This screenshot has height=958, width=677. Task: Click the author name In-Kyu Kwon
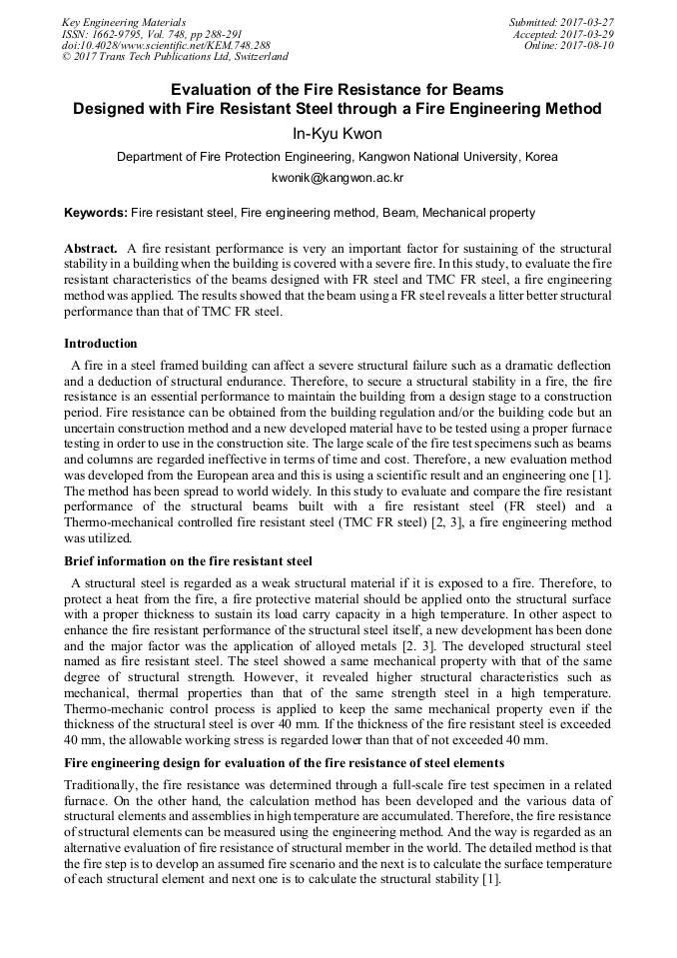point(338,134)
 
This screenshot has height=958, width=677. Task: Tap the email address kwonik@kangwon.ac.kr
point(338,178)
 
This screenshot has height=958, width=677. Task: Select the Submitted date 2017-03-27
point(562,22)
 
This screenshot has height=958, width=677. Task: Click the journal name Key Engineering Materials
point(123,22)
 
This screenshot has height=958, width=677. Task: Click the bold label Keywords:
point(96,213)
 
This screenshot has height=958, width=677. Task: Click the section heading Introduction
point(101,344)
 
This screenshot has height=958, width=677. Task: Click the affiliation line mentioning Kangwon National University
point(338,157)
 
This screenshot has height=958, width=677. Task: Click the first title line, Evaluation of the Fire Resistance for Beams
point(338,89)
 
